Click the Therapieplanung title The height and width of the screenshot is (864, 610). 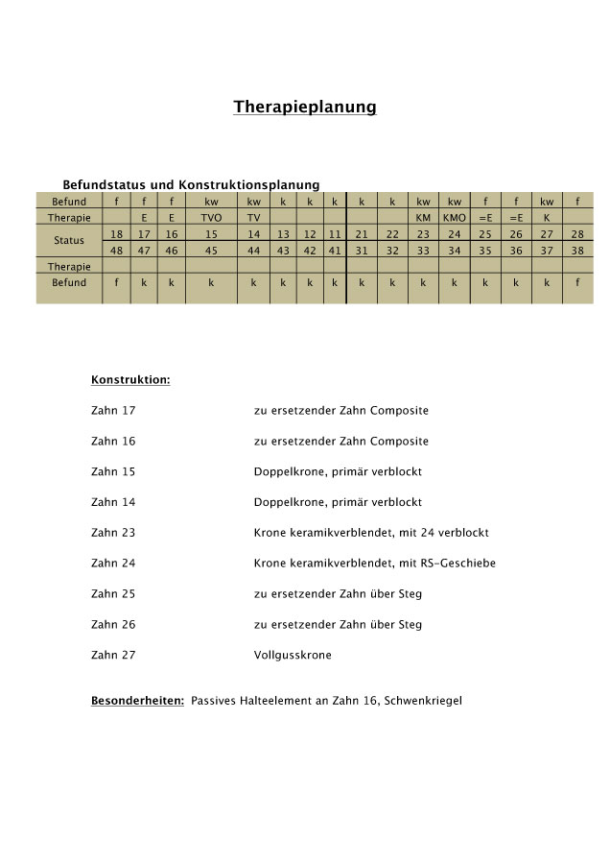pos(305,107)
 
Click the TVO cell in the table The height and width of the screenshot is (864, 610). pos(211,218)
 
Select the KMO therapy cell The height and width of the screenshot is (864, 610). pos(454,218)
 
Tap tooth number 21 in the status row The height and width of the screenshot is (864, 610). pos(363,234)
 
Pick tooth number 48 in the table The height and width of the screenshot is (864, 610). pos(116,251)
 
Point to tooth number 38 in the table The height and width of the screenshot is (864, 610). pos(577,251)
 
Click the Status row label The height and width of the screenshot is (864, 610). pos(69,241)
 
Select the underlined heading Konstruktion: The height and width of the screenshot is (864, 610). pos(130,380)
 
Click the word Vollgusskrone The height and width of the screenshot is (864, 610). pos(293,655)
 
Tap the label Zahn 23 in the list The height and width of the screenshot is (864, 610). pos(113,533)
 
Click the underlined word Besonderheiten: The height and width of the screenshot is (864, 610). pos(137,701)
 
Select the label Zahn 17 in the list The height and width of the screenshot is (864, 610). pos(113,411)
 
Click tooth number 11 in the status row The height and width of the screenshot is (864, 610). pos(335,234)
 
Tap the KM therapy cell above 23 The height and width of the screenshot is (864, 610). pos(423,218)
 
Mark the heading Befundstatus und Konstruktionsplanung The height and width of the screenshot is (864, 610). pos(191,184)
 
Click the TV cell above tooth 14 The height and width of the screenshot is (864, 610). pos(253,218)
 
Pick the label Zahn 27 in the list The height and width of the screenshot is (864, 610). pos(113,655)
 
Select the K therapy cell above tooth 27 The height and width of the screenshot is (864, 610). pos(547,218)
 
